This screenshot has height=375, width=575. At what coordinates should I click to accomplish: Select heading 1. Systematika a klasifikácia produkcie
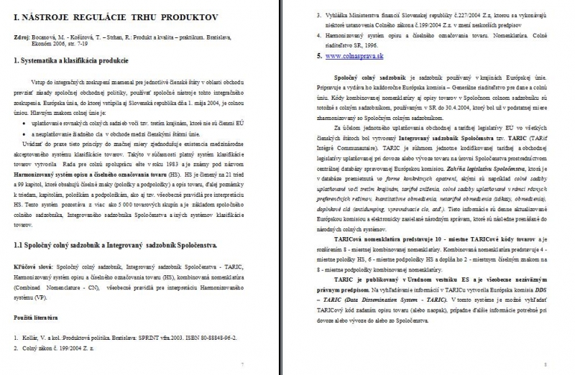[x=77, y=62]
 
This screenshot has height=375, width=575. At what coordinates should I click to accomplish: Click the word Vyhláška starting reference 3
[x=341, y=13]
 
